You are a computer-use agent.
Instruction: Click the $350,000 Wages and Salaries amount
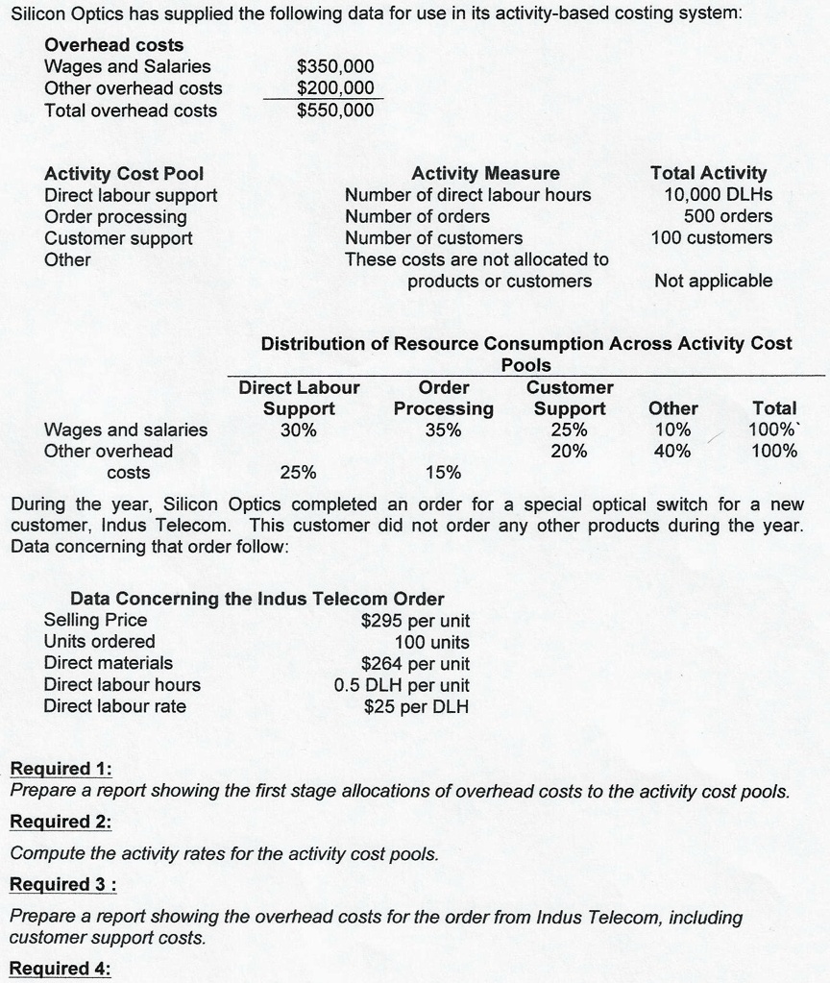[x=335, y=66]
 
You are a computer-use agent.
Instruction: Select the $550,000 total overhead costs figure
[x=335, y=111]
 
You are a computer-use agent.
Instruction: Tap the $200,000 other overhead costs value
[x=335, y=88]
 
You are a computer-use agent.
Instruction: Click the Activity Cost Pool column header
[x=124, y=174]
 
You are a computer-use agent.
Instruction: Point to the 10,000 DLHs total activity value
[x=718, y=195]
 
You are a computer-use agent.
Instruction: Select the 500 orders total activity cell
[x=727, y=216]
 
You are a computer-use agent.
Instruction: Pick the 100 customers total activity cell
[x=711, y=237]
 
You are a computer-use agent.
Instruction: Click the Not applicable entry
[x=713, y=281]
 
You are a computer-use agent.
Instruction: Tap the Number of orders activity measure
[x=417, y=216]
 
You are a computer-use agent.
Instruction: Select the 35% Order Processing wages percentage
[x=443, y=430]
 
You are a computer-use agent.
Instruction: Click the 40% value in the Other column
[x=671, y=451]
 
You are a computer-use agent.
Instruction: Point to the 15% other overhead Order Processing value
[x=443, y=473]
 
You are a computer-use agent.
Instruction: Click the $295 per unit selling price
[x=415, y=620]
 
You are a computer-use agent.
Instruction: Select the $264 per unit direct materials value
[x=415, y=663]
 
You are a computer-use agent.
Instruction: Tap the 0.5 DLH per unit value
[x=402, y=685]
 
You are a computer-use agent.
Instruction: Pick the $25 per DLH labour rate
[x=417, y=707]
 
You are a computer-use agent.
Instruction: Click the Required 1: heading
[x=60, y=769]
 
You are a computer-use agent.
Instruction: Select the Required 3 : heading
[x=62, y=884]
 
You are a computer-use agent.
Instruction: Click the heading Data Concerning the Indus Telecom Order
[x=257, y=599]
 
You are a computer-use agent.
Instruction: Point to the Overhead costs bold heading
[x=114, y=45]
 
